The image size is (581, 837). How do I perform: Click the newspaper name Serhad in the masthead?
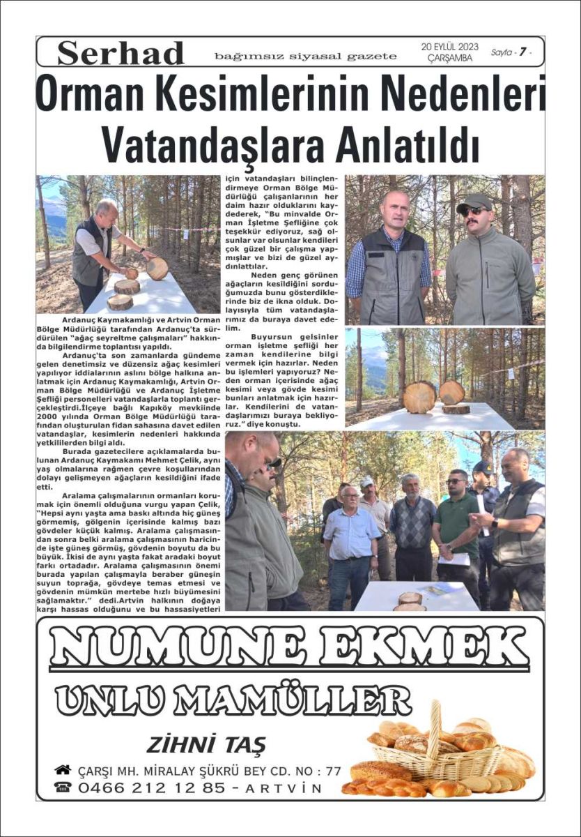(121, 53)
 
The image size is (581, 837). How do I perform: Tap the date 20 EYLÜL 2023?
(449, 47)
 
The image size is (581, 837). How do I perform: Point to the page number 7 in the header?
(522, 52)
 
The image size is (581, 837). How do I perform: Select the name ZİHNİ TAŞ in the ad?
(206, 744)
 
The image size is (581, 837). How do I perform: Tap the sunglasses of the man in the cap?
(476, 210)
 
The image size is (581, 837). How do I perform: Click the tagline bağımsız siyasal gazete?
(306, 56)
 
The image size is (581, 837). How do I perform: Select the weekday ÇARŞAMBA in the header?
(449, 58)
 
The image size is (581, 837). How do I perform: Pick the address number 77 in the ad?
(333, 771)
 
